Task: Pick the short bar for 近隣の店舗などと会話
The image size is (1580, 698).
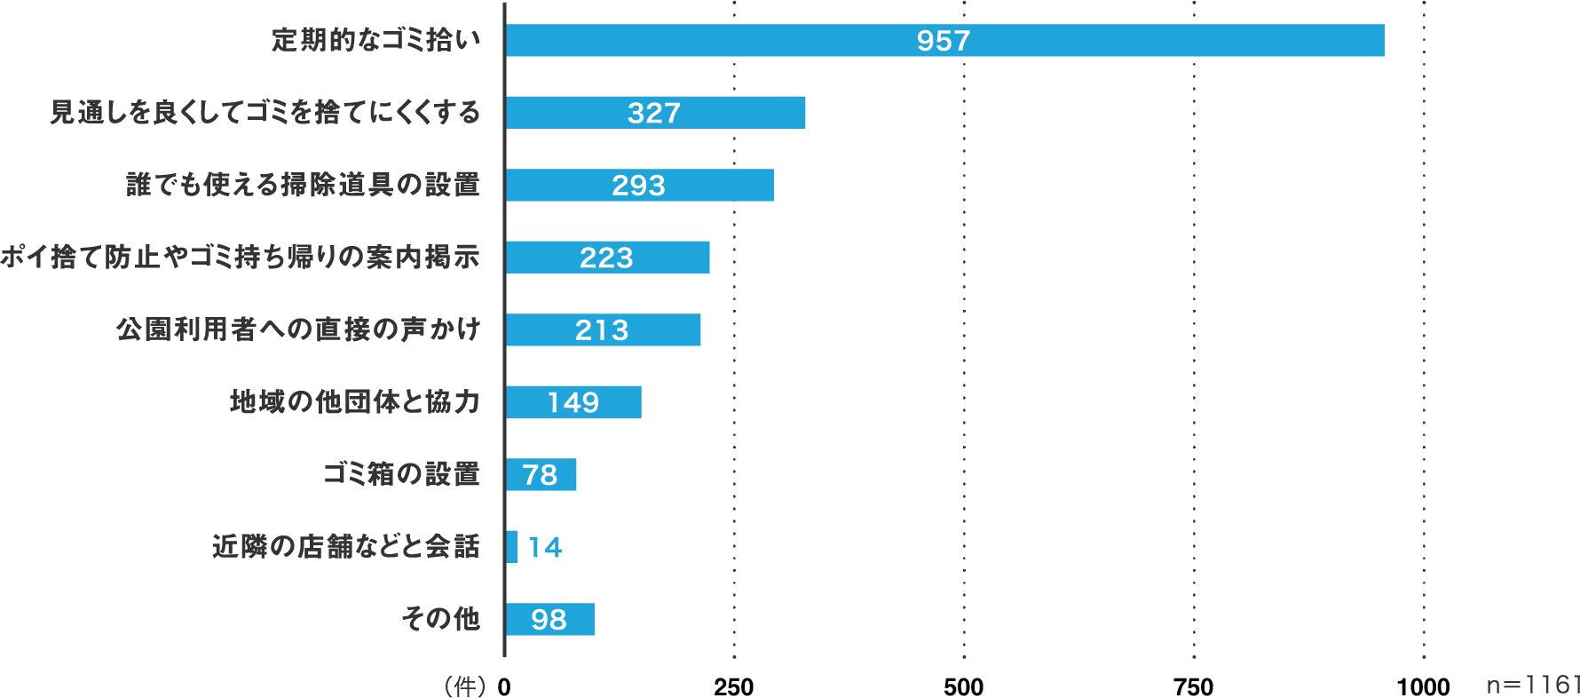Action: coord(512,547)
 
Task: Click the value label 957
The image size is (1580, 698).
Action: coord(944,41)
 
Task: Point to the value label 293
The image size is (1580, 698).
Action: coord(638,186)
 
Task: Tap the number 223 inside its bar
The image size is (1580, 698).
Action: coord(606,258)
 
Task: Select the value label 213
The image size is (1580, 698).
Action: coord(602,330)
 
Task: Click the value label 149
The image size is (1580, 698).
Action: coord(573,402)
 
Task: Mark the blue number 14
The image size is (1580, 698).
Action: coord(545,547)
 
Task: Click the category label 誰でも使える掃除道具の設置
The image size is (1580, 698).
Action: coord(303,185)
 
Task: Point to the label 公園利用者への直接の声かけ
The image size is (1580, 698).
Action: coord(298,329)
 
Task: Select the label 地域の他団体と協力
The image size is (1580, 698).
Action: coord(355,401)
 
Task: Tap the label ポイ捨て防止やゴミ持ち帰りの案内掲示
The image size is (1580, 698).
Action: coord(240,257)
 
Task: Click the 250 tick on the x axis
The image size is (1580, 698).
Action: coord(734,686)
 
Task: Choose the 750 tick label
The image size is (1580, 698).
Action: coord(1193,686)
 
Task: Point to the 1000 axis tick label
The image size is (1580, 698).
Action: coord(1423,686)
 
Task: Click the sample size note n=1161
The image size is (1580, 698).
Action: coord(1534,685)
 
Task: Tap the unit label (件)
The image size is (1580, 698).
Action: coord(464,686)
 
